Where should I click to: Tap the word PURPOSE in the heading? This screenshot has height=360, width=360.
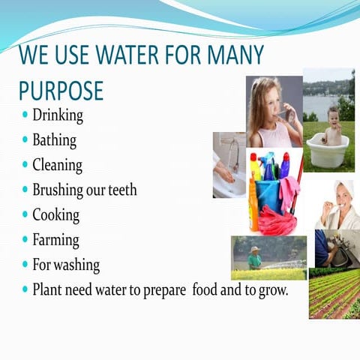(61, 91)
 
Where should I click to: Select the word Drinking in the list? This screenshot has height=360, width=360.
(58, 116)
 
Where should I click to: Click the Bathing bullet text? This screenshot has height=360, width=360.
(54, 140)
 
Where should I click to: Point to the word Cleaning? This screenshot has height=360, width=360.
(57, 165)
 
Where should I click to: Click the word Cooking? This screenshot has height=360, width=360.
(55, 215)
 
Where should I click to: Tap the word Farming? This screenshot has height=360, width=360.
(55, 240)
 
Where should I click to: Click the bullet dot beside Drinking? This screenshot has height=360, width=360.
(25, 116)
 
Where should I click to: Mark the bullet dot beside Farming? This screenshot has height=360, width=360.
(25, 241)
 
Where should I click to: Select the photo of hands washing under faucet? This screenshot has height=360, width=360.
(227, 166)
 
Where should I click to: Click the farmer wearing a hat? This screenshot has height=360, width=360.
(255, 257)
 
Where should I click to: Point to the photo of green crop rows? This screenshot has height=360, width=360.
(334, 292)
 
